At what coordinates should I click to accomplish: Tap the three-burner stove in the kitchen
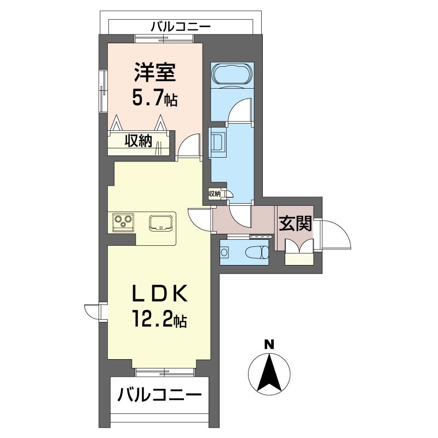[123, 222]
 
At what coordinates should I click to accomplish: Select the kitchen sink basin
[160, 223]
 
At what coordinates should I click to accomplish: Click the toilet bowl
[257, 252]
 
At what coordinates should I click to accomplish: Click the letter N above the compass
[269, 344]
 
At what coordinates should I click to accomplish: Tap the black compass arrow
[269, 373]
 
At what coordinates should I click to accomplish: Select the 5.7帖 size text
[154, 98]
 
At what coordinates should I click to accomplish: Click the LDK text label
[159, 294]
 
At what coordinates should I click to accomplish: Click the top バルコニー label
[181, 27]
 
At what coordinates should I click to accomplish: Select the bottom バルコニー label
[159, 395]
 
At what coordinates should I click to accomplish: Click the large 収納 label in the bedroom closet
[138, 141]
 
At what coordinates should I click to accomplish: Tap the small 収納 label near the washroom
[215, 194]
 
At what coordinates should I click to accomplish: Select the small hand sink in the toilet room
[224, 252]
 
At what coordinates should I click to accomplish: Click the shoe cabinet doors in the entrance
[299, 246]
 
